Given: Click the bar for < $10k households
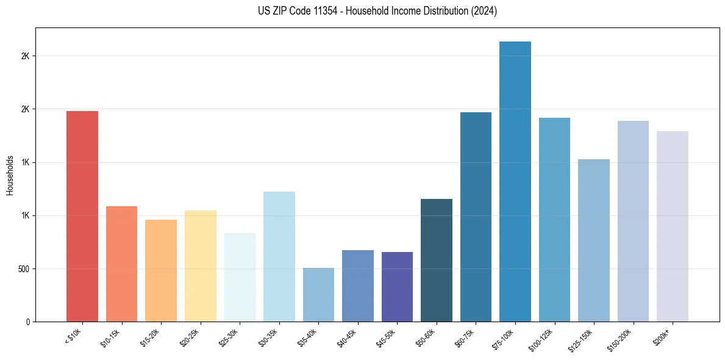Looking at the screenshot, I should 82,216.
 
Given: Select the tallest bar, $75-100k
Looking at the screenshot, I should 515,181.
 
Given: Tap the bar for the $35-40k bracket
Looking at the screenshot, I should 318,295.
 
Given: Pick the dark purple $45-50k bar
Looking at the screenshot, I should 397,287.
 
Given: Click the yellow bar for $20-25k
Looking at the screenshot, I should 201,266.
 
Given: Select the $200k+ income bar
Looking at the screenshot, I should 673,226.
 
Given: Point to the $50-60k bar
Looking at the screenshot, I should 437,260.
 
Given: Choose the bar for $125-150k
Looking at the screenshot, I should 594,240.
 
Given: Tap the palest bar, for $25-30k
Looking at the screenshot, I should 240,277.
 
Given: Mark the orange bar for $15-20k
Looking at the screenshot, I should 161,270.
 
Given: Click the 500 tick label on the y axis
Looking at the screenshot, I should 24,269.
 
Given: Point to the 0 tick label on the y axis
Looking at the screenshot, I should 28,322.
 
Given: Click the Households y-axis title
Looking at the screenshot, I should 10,175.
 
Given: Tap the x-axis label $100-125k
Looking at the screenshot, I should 543,338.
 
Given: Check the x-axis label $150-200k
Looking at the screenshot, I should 621,338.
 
